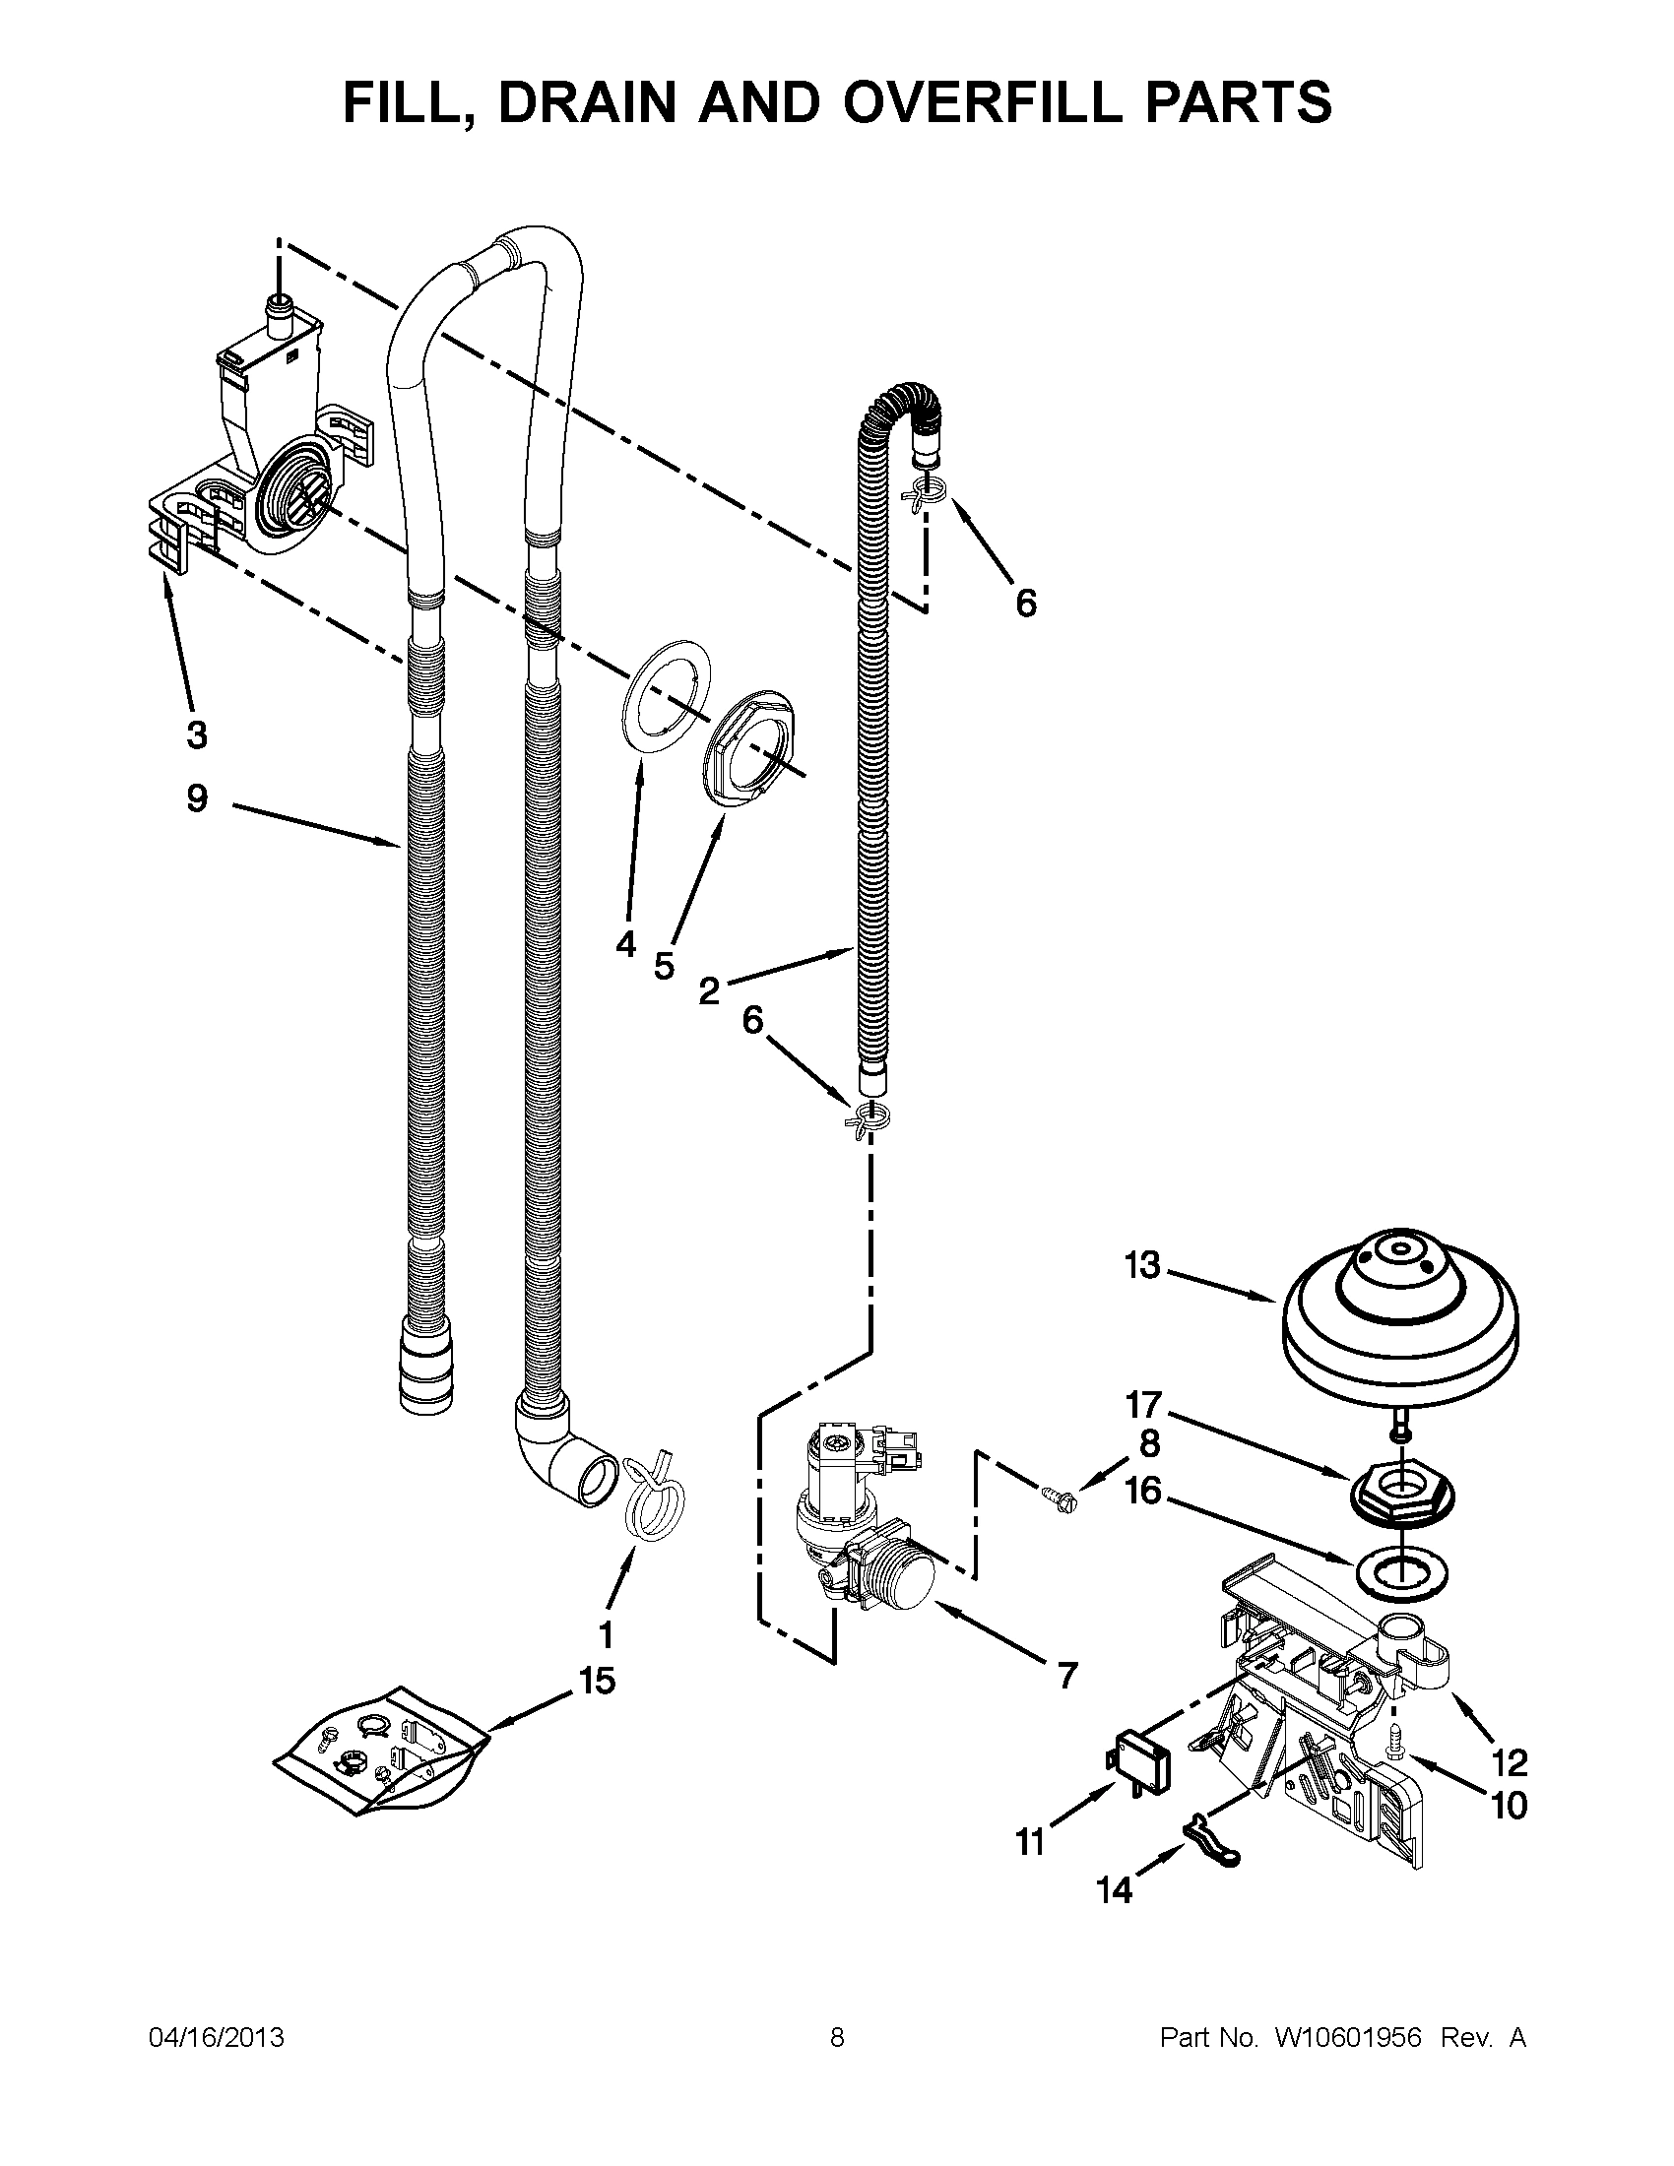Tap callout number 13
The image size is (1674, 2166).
point(1142,1265)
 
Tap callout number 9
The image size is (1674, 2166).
point(197,797)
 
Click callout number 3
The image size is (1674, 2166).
point(196,734)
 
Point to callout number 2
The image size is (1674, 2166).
point(708,989)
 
